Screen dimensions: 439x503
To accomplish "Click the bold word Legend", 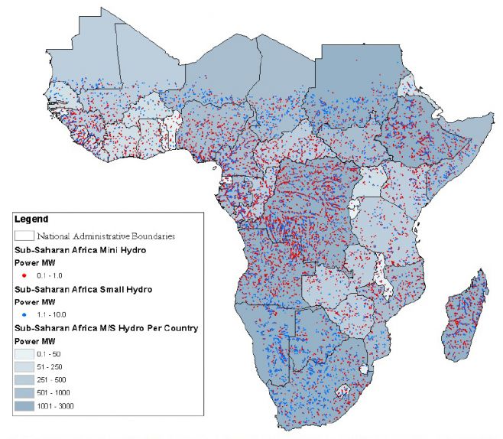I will pos(31,219).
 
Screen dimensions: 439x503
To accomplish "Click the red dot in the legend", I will pos(24,275).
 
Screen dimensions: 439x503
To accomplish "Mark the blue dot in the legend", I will pos(24,314).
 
